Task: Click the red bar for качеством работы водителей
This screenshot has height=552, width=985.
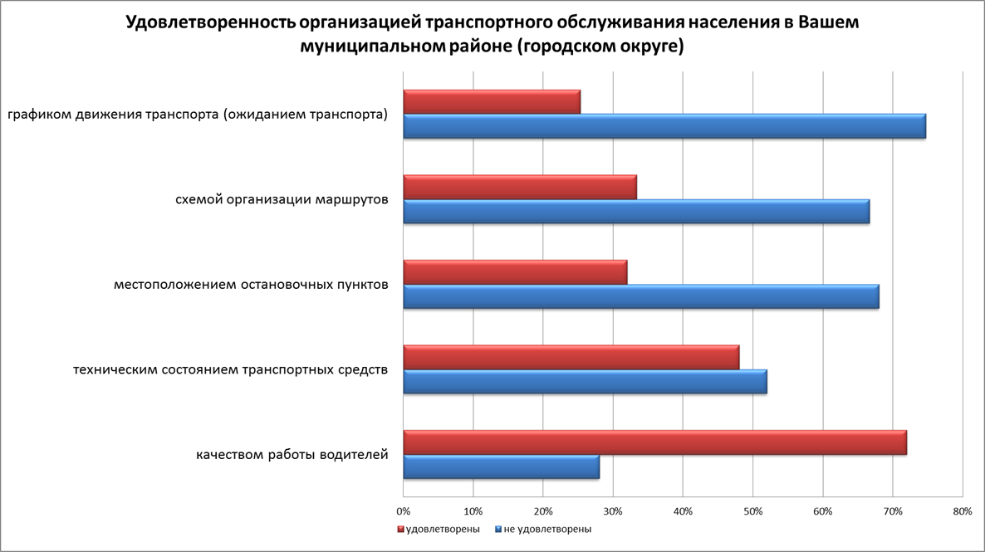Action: pyautogui.click(x=654, y=442)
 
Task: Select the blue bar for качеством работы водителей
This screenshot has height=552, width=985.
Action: pyautogui.click(x=501, y=467)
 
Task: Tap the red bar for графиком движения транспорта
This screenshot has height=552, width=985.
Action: pyautogui.click(x=492, y=101)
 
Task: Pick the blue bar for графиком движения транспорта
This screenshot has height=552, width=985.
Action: pyautogui.click(x=664, y=126)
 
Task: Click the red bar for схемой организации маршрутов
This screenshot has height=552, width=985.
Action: pyautogui.click(x=520, y=188)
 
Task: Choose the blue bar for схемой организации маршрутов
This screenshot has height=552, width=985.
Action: pyautogui.click(x=636, y=212)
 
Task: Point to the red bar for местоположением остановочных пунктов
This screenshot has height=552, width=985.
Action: pyautogui.click(x=515, y=272)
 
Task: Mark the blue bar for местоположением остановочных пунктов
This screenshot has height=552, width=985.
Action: pyautogui.click(x=641, y=296)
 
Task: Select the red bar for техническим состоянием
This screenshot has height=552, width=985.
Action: pyautogui.click(x=571, y=357)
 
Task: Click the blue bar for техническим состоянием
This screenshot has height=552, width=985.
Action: pyautogui.click(x=585, y=382)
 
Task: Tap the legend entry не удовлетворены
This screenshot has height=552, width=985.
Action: pyautogui.click(x=547, y=529)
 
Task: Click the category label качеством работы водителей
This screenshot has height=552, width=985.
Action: pyautogui.click(x=292, y=454)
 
